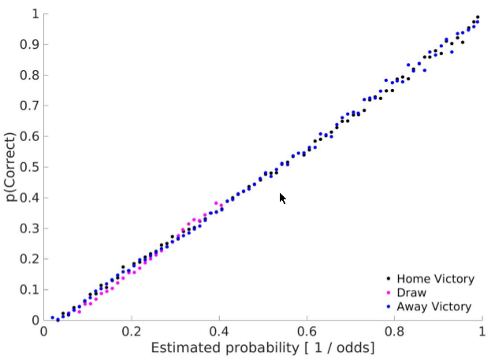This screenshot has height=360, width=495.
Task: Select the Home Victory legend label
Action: tap(435, 279)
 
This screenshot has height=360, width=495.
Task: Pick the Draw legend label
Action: tap(411, 293)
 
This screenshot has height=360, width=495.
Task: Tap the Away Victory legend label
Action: tap(434, 307)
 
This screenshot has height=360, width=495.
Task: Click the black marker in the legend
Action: tap(389, 279)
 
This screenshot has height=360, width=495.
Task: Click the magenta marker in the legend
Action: tap(389, 293)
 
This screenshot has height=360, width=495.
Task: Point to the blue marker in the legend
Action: tap(389, 307)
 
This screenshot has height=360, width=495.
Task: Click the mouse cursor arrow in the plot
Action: tap(283, 198)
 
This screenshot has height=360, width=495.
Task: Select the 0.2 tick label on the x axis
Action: tap(132, 332)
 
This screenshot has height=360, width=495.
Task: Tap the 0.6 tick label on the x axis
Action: tap(307, 332)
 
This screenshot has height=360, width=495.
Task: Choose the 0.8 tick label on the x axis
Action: tap(394, 332)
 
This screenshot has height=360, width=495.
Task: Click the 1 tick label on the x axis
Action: tap(482, 332)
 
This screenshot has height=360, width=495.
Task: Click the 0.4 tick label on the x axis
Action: tap(219, 332)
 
